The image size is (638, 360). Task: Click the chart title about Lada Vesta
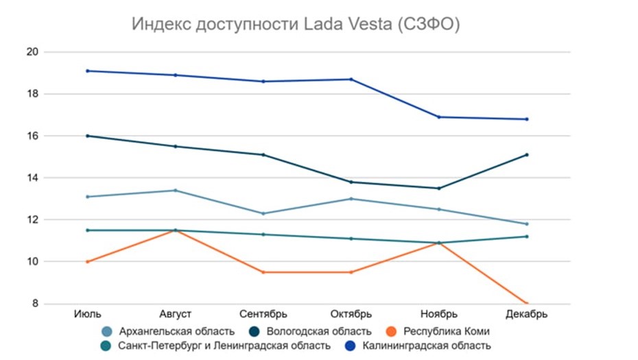[295, 25]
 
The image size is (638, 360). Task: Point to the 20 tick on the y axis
[32, 52]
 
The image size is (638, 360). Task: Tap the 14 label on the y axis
[32, 178]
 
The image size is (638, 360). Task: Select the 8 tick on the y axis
[34, 304]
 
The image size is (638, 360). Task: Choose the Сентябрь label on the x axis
[263, 315]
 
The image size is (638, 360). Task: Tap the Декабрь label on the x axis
[527, 315]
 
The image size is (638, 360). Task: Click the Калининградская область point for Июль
[88, 71]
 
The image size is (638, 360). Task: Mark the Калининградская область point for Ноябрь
[439, 117]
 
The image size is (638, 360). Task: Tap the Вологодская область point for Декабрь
[527, 155]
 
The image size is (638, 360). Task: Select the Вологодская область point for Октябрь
[351, 182]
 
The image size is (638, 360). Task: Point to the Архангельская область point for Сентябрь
[263, 213]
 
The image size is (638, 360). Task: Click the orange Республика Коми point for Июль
[88, 262]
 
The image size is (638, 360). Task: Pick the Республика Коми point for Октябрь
[351, 272]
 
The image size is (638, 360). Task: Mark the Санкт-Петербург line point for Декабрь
[527, 237]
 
